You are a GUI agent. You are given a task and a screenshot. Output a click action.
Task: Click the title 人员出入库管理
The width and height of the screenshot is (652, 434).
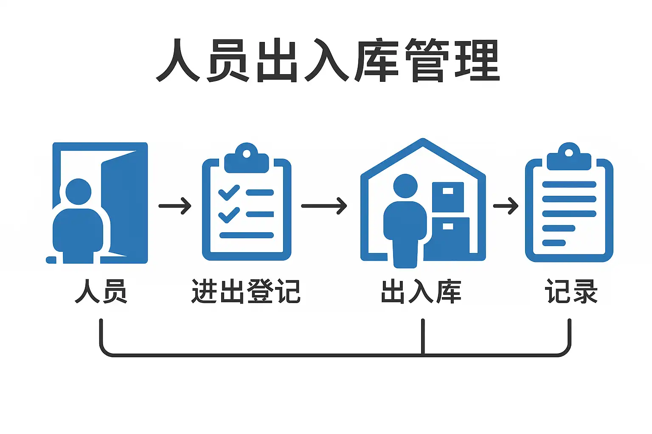[328, 61]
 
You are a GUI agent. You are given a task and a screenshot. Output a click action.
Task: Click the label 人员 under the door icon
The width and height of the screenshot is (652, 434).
[101, 292]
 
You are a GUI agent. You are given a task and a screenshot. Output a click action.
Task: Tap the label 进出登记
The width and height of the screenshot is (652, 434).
[246, 292]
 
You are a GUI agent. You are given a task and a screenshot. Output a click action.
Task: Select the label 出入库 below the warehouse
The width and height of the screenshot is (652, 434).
[421, 292]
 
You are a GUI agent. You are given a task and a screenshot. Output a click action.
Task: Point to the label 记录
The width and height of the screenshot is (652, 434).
[571, 292]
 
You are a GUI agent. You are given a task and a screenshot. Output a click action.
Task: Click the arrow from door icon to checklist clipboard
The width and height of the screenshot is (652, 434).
[175, 206]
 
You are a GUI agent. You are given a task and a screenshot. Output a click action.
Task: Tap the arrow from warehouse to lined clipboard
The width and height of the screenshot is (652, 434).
[506, 206]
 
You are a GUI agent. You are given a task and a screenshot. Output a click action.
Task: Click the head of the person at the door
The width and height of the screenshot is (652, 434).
[78, 192]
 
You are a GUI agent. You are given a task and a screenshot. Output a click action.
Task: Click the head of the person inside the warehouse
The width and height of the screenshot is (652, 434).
[405, 186]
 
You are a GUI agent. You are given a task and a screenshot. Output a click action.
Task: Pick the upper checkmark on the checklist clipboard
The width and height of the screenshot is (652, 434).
[229, 192]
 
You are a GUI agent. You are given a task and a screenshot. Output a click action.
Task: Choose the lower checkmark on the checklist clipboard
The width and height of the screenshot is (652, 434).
[229, 214]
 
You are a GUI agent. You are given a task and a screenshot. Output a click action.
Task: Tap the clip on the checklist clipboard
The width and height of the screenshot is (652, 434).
[247, 158]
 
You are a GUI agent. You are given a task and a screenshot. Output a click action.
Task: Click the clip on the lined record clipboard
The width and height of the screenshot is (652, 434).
[569, 157]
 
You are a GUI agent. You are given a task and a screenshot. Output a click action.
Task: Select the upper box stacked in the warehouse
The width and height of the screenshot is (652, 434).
[448, 196]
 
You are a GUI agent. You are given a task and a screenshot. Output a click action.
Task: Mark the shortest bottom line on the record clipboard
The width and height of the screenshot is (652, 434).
[554, 243]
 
